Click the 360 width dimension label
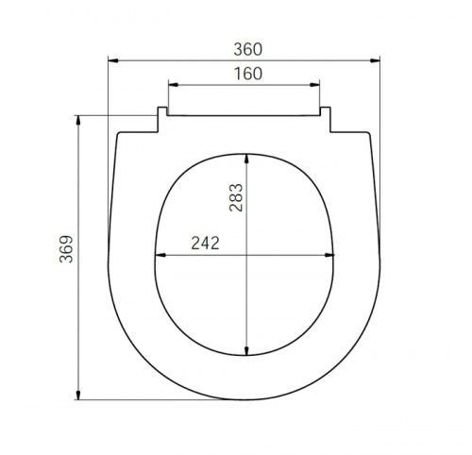[x=248, y=49]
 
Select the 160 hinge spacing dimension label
[x=248, y=74]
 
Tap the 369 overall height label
[x=66, y=249]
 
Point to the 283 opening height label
[x=236, y=197]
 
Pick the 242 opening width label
[x=205, y=244]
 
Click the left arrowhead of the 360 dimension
[x=113, y=60]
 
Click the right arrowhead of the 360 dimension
[x=375, y=60]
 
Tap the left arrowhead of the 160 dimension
[x=174, y=85]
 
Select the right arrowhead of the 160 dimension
[x=314, y=85]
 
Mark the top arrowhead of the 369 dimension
[x=78, y=121]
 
